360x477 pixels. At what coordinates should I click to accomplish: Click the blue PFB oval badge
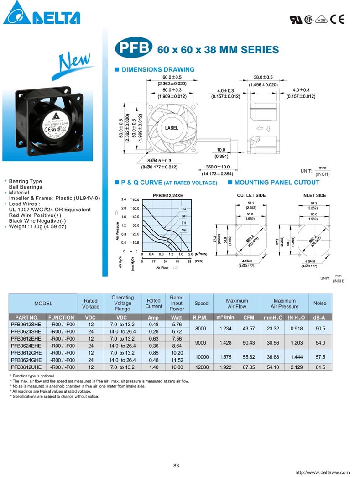coord(133,48)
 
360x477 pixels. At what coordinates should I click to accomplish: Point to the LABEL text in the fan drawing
coord(172,128)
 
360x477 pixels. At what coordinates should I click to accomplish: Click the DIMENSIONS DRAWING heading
coord(157,70)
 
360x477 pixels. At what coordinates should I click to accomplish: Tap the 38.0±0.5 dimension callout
coord(263,77)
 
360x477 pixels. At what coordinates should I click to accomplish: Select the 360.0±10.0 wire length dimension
coord(218,167)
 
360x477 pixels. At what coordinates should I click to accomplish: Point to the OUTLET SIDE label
coord(251,195)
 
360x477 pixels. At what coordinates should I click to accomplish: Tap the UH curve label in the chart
coord(184,209)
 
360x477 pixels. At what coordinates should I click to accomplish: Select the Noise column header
coord(320,303)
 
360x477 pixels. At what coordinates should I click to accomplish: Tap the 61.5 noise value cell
coord(320,367)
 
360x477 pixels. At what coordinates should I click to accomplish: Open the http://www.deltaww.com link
coord(323,472)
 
